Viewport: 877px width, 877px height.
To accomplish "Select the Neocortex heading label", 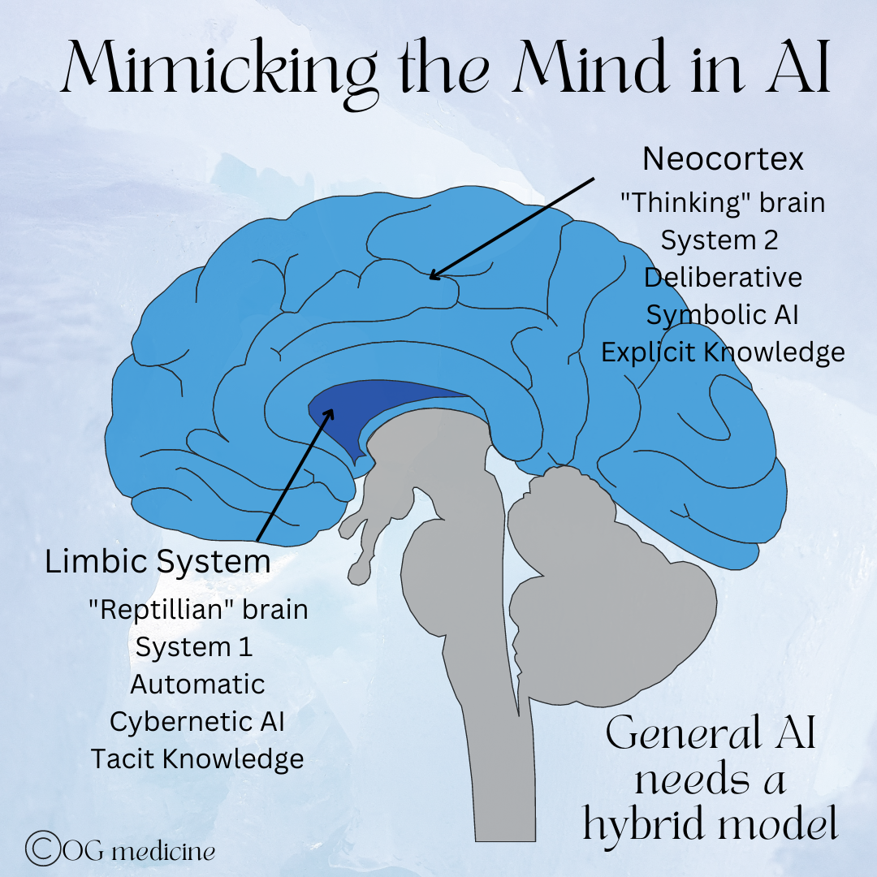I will point(723,159).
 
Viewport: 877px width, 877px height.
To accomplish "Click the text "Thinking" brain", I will point(722,203).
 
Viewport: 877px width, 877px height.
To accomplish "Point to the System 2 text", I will point(719,240).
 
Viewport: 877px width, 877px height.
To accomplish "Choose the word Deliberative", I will point(723,278).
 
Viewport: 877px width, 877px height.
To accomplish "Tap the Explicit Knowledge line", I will point(723,352).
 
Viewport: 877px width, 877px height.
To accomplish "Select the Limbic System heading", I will point(158,562).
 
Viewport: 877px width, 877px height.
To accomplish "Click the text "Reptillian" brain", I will point(198,609).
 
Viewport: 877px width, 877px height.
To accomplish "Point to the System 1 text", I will point(194,647).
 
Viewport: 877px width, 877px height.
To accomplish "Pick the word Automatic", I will point(197,684).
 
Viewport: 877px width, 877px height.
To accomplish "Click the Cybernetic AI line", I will point(197,721).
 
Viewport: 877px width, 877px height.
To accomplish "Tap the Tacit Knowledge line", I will point(197,758).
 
